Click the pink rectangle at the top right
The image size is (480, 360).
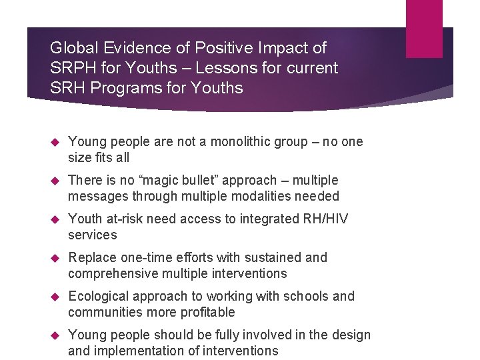(424, 28)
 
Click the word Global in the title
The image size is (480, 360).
(73, 48)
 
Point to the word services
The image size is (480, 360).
(92, 235)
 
